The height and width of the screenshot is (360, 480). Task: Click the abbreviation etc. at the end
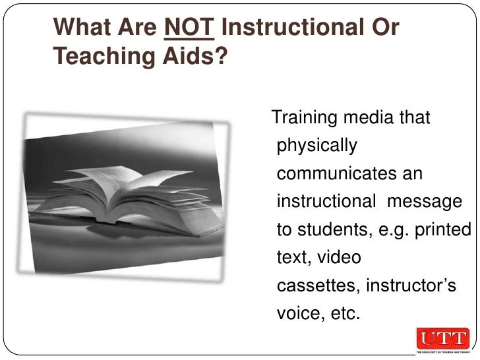342,313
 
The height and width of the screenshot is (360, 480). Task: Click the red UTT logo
442,339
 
